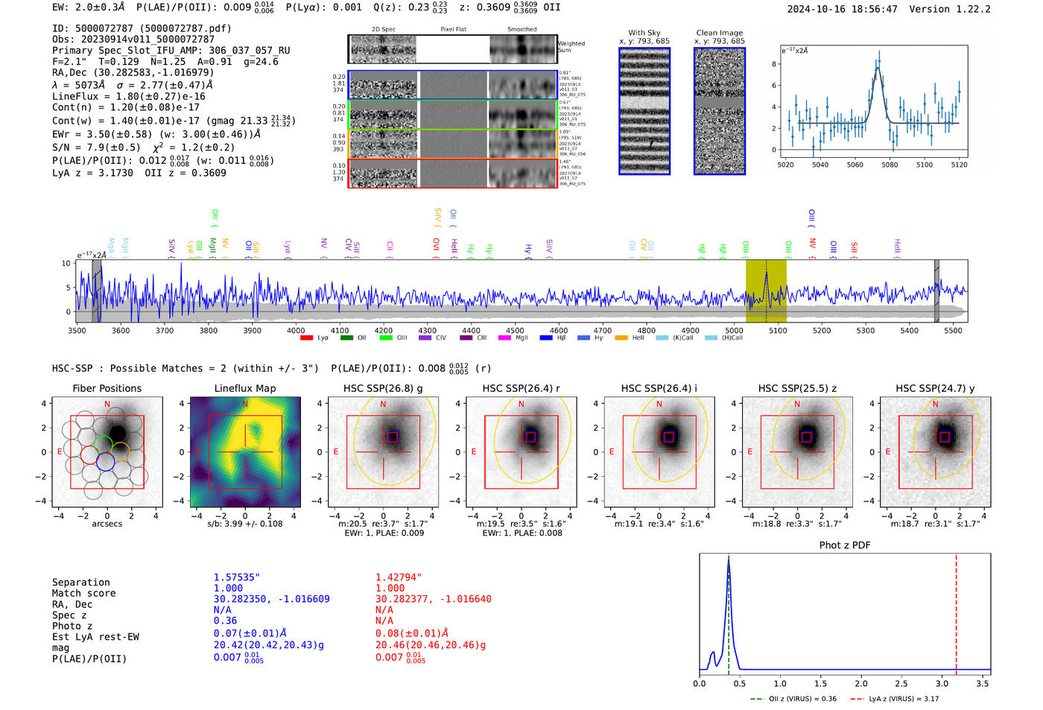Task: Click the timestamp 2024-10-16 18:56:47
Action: [x=843, y=9]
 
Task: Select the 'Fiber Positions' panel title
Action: [x=107, y=388]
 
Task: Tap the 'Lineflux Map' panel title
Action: [x=245, y=388]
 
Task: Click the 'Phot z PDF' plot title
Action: [x=845, y=545]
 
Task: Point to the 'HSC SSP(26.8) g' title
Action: [x=383, y=388]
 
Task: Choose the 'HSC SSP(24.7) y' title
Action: [x=935, y=388]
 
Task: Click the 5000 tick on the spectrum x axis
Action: [x=735, y=331]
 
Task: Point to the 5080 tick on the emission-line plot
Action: [x=890, y=165]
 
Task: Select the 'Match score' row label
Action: [x=84, y=593]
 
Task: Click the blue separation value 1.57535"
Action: [x=237, y=577]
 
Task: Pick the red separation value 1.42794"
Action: [x=399, y=577]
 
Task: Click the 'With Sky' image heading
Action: [x=644, y=33]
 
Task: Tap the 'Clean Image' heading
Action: [x=719, y=33]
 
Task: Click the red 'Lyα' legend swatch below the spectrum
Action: [x=306, y=338]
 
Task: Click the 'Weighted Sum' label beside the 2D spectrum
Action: [x=571, y=46]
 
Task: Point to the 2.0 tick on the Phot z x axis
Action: [x=861, y=683]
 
